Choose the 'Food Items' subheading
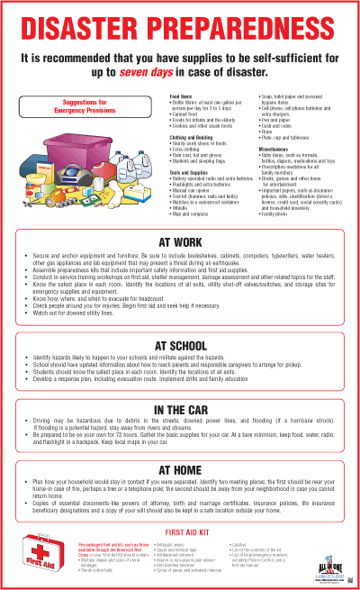pyautogui.click(x=181, y=95)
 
